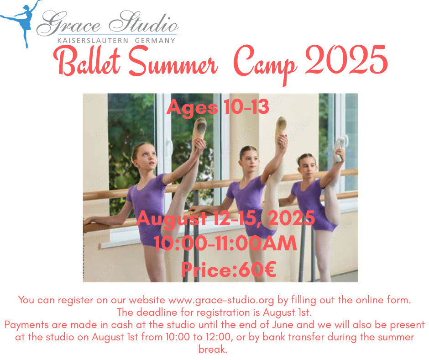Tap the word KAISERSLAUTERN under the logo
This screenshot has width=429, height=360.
click(93, 41)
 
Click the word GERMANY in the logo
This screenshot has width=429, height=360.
click(155, 41)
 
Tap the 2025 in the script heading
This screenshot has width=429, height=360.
click(346, 60)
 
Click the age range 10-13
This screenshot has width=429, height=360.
click(246, 106)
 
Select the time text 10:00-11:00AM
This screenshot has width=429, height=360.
click(225, 243)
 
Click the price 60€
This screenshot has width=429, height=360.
click(257, 270)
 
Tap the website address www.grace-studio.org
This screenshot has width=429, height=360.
click(221, 300)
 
